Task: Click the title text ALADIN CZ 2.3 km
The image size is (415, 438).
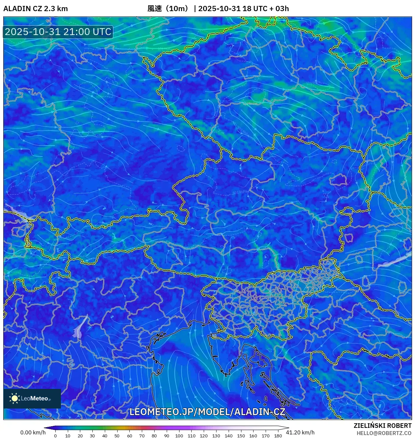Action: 35,9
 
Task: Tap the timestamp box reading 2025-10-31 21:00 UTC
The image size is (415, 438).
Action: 58,32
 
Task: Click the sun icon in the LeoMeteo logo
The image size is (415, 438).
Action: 15,398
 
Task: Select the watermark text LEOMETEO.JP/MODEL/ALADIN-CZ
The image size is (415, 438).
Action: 207,412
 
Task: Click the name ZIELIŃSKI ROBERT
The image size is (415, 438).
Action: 382,426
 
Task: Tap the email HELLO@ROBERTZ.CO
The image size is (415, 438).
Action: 384,433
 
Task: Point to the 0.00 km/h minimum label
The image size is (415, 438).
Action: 33,432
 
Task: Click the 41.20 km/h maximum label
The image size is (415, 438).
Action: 300,432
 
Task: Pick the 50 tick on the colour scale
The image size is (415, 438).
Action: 117,435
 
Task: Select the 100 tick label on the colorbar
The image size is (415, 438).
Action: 179,435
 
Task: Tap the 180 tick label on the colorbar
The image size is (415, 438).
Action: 278,435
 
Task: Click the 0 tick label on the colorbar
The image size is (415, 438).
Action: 55,435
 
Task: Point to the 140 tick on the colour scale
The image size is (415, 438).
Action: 228,435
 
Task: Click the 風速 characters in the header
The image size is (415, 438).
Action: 155,9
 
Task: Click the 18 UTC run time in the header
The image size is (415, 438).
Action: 254,9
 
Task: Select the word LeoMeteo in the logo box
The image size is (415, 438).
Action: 34,398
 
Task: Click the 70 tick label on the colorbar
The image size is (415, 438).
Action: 142,435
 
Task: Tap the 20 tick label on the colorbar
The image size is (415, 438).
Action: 80,435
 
